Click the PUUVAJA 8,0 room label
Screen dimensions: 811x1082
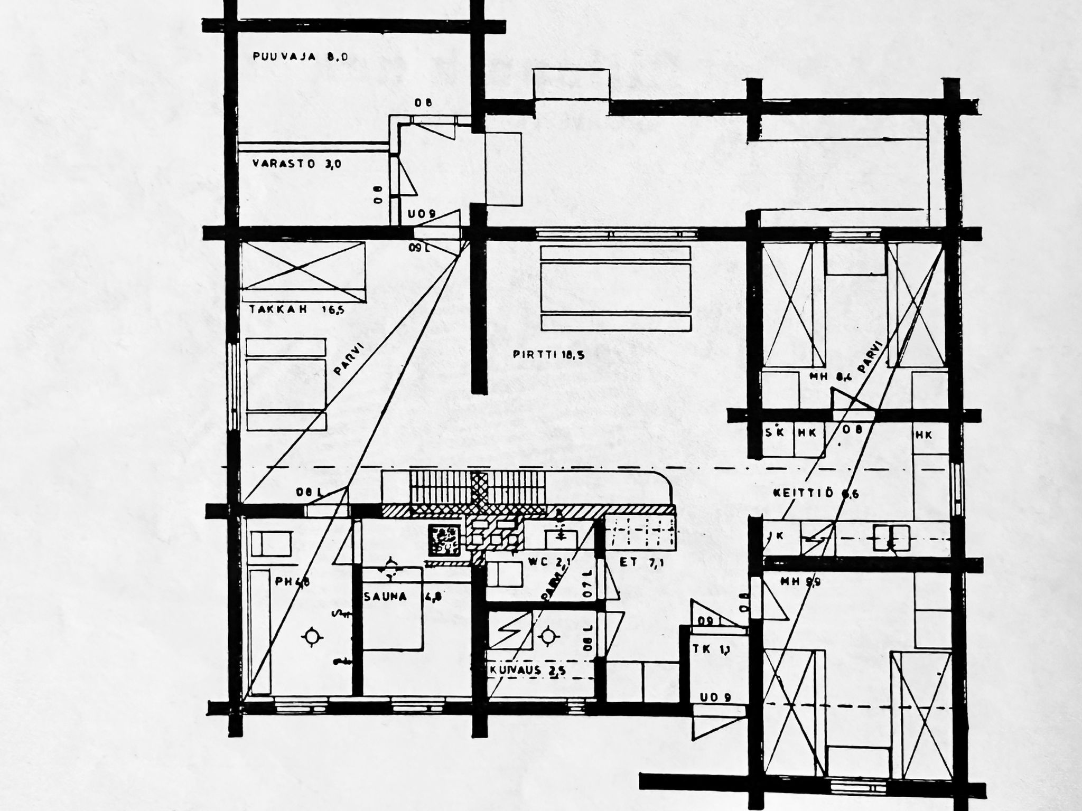(300, 57)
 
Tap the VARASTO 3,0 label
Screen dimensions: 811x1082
(296, 164)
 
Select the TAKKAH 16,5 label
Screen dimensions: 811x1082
(296, 310)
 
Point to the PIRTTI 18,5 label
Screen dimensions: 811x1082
(548, 354)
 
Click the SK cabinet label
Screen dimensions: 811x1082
(773, 432)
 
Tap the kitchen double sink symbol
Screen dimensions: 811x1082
(891, 537)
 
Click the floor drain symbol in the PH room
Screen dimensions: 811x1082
(311, 637)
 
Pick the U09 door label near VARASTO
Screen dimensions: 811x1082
(421, 215)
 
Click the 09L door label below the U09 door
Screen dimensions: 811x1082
(419, 247)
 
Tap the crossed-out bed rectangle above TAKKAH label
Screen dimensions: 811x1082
(303, 266)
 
